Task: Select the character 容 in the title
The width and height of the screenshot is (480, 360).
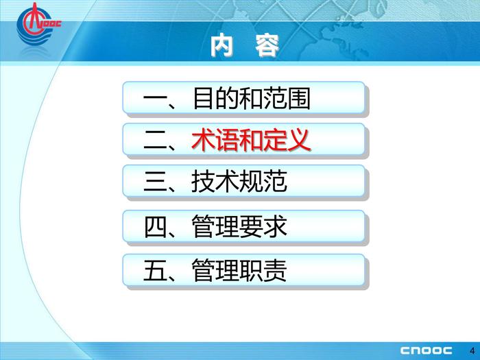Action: [x=267, y=46]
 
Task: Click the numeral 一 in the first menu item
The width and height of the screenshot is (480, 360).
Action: [x=156, y=99]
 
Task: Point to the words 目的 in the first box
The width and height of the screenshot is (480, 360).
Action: [x=215, y=99]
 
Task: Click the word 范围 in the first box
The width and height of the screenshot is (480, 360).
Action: [x=287, y=99]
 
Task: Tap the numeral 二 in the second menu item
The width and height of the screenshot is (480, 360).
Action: [x=156, y=140]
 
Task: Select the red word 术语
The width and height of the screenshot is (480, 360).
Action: [x=215, y=140]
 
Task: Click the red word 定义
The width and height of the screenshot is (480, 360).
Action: [x=286, y=140]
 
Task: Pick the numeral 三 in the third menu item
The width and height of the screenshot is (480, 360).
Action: [x=156, y=182]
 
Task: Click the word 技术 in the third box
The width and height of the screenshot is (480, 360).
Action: [x=214, y=182]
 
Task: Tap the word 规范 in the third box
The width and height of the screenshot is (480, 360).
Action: [x=263, y=182]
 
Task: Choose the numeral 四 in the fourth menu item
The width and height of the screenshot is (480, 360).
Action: [x=156, y=227]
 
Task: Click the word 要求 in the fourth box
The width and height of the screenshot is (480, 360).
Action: [x=263, y=226]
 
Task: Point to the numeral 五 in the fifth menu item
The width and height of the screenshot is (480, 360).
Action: [x=156, y=271]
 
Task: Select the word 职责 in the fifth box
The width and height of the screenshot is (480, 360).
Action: [x=263, y=271]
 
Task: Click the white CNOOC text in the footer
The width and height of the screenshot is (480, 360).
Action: [x=426, y=350]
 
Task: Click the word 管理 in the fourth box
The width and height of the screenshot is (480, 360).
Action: [x=215, y=226]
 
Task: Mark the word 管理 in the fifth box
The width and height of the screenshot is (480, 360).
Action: [x=215, y=271]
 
